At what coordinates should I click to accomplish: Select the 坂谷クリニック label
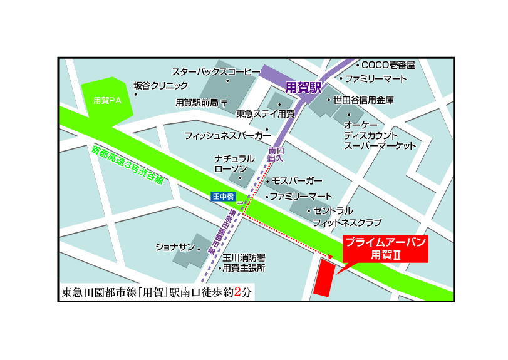[160, 86]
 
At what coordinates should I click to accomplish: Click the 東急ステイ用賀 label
[265, 114]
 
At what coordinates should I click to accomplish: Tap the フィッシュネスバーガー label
[227, 135]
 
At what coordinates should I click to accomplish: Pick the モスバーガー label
[297, 181]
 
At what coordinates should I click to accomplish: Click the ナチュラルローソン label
[234, 164]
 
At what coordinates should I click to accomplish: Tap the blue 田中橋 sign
[222, 197]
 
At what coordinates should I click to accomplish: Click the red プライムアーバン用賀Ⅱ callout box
[385, 249]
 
